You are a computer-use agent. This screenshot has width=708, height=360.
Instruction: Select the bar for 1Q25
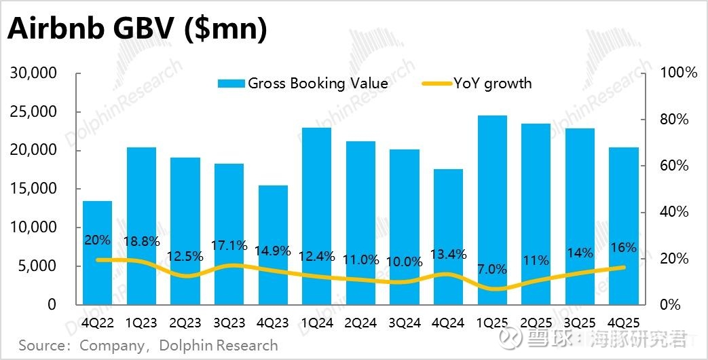click(x=492, y=211)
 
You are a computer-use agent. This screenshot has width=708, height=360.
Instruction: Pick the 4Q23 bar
click(x=273, y=245)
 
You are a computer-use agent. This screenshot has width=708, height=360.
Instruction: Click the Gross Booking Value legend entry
click(x=303, y=84)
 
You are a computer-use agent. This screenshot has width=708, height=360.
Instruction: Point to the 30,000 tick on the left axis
click(x=34, y=73)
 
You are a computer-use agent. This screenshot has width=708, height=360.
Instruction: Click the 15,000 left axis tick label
click(x=34, y=189)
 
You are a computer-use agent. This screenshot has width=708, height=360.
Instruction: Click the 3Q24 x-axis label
click(x=405, y=323)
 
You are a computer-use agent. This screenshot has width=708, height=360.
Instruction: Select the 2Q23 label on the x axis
click(x=185, y=323)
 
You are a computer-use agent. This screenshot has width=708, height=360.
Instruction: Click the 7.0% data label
click(x=492, y=269)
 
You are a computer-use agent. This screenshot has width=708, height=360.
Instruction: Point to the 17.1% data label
click(x=229, y=245)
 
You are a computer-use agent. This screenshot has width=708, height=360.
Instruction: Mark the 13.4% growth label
click(x=448, y=255)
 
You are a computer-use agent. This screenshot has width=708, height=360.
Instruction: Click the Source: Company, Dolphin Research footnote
click(x=148, y=345)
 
